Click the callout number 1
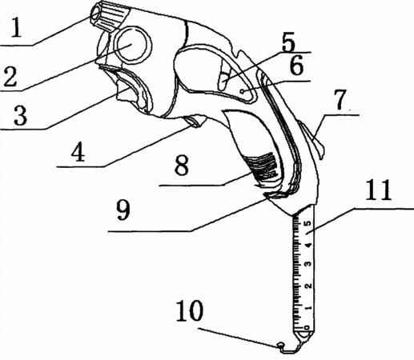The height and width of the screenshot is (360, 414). [x=16, y=27]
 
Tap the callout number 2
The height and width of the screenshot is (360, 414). [x=10, y=76]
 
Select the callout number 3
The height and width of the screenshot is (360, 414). [x=20, y=115]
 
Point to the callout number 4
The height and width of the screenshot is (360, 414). [x=78, y=152]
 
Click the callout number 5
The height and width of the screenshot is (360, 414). [x=288, y=42]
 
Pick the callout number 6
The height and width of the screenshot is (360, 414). [x=296, y=66]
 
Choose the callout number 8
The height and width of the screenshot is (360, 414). [x=182, y=166]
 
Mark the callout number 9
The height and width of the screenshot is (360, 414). [x=123, y=210]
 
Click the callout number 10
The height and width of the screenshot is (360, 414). [x=189, y=310]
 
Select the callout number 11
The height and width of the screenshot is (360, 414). [x=379, y=190]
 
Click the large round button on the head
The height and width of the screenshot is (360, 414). [x=133, y=45]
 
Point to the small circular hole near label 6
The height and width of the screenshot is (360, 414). [x=242, y=91]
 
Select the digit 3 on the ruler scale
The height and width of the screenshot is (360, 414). [x=308, y=264]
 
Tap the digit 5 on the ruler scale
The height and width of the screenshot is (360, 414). [x=308, y=223]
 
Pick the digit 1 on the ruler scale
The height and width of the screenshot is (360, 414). [x=308, y=307]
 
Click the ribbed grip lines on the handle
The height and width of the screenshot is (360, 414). [x=263, y=166]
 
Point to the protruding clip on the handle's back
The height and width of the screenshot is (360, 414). [x=313, y=139]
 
